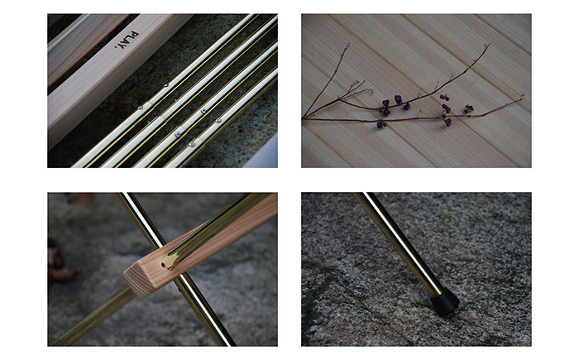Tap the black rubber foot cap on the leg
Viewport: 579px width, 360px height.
click(x=445, y=302)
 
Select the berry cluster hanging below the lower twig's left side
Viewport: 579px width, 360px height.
click(x=381, y=125)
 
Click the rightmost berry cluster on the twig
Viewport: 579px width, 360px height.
click(x=469, y=108)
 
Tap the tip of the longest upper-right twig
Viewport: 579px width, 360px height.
click(x=489, y=45)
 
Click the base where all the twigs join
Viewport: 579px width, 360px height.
click(x=304, y=118)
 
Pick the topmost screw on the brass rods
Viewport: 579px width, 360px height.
click(x=166, y=85)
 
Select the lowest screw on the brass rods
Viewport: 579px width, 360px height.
click(x=192, y=144)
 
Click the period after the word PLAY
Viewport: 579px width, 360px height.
click(x=116, y=47)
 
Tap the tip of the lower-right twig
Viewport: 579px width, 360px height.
click(x=522, y=97)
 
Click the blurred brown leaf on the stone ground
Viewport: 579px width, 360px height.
click(x=62, y=274)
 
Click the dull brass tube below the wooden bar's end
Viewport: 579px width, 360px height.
click(x=93, y=318)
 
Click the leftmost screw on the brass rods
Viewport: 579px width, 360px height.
click(x=140, y=108)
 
